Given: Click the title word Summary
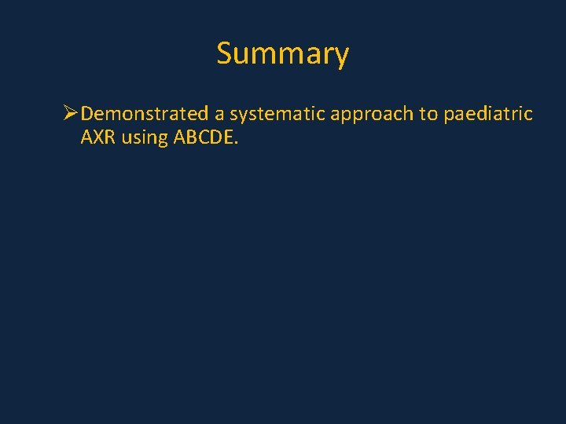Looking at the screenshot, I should tap(282, 54).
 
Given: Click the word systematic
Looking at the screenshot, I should tap(278, 115).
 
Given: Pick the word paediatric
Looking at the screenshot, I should tap(488, 115).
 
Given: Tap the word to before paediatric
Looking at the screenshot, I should tap(428, 115).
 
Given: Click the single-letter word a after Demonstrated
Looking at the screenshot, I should tap(220, 115).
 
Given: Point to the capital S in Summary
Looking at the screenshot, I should tap(225, 53).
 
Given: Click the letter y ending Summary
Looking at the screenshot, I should tap(340, 57).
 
